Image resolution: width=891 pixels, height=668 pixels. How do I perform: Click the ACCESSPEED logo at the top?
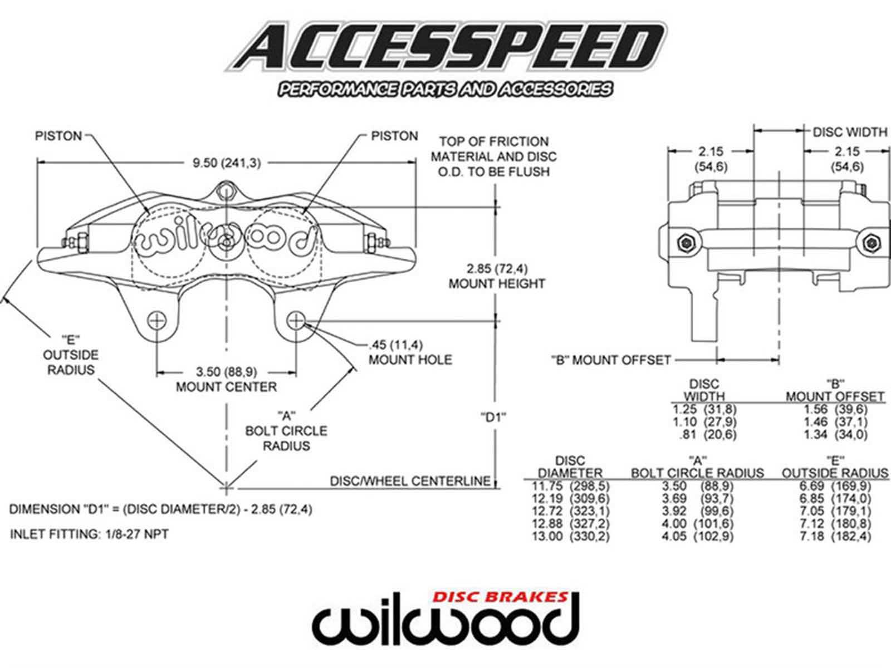pyautogui.click(x=445, y=47)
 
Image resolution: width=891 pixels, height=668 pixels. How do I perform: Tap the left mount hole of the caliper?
pyautogui.click(x=157, y=321)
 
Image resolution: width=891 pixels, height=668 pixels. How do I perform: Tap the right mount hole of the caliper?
pyautogui.click(x=296, y=321)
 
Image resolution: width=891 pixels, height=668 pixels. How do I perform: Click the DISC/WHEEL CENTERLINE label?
pyautogui.click(x=410, y=481)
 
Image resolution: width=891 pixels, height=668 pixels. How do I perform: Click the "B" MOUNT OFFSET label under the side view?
pyautogui.click(x=610, y=360)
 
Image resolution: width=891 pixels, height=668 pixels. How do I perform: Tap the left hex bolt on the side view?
pyautogui.click(x=685, y=243)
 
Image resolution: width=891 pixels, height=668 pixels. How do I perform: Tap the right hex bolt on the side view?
pyautogui.click(x=870, y=243)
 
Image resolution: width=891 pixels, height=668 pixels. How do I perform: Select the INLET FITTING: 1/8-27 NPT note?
pyautogui.click(x=89, y=534)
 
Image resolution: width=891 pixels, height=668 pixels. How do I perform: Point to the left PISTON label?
pyautogui.click(x=58, y=136)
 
